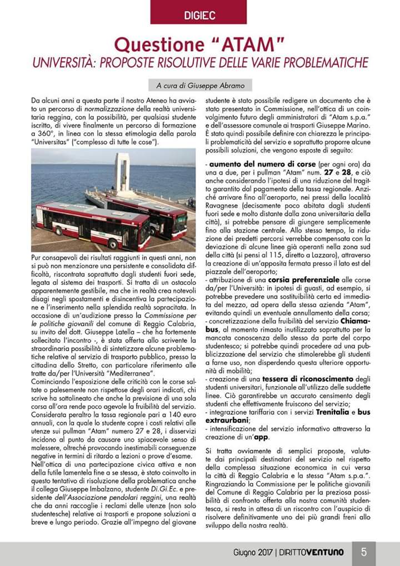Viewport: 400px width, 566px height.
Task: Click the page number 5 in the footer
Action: click(x=364, y=552)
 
